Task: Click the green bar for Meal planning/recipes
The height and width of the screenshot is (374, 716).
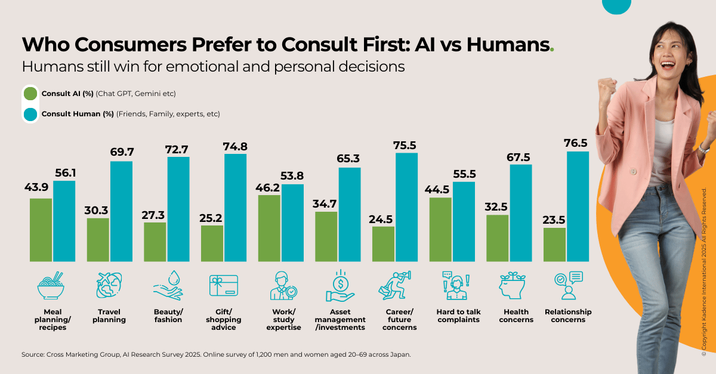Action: tap(41, 230)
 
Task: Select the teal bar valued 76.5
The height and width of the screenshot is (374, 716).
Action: tap(578, 206)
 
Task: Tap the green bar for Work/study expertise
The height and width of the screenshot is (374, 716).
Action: tap(268, 228)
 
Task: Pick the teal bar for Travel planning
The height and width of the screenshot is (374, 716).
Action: tap(122, 211)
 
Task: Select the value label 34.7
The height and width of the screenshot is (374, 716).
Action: tap(326, 203)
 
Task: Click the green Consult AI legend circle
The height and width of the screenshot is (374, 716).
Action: tap(30, 94)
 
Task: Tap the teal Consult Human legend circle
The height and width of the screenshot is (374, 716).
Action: tap(30, 113)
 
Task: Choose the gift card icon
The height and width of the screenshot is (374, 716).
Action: tap(223, 286)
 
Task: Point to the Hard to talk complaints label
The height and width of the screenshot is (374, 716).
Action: tap(459, 316)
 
